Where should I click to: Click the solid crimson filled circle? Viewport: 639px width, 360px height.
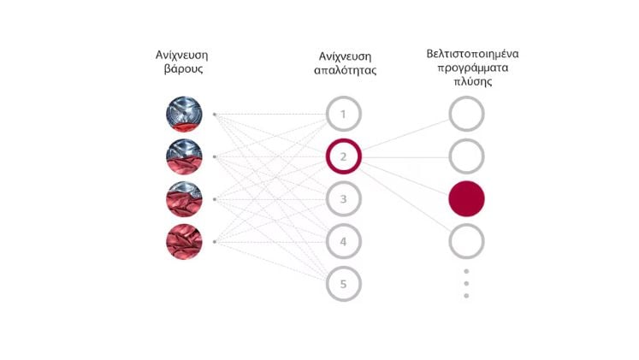pyautogui.click(x=466, y=198)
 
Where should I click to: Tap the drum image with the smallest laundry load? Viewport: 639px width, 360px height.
pyautogui.click(x=184, y=114)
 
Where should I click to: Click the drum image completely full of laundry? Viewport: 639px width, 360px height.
pyautogui.click(x=184, y=241)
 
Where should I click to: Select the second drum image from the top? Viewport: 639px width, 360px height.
pyautogui.click(x=184, y=156)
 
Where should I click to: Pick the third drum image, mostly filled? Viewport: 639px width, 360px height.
pyautogui.click(x=184, y=199)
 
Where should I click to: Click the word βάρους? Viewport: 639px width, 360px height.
pyautogui.click(x=183, y=68)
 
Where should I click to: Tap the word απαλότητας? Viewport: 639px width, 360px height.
pyautogui.click(x=346, y=70)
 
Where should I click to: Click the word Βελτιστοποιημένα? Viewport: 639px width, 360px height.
pyautogui.click(x=472, y=54)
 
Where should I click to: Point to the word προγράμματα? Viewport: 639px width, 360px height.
pyautogui.click(x=473, y=68)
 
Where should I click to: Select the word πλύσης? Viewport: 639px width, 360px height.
pyautogui.click(x=473, y=81)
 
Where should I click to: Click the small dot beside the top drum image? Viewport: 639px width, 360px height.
pyautogui.click(x=215, y=115)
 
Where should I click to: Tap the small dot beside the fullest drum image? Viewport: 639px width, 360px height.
pyautogui.click(x=215, y=242)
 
